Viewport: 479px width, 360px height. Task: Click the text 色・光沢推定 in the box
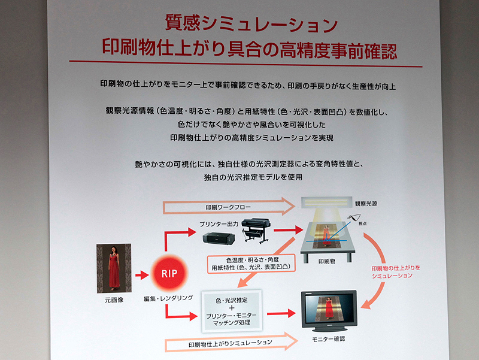click(230, 298)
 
